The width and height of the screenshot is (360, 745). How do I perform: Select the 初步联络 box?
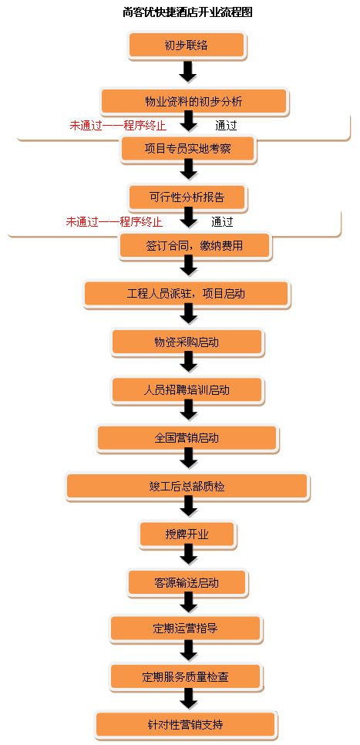click(x=187, y=46)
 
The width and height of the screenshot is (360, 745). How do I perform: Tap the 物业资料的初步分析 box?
click(x=193, y=101)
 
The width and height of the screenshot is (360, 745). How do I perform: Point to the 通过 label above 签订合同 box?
click(x=222, y=221)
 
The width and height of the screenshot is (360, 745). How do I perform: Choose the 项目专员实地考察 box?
click(x=188, y=149)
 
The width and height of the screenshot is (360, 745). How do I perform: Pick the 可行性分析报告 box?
click(x=187, y=197)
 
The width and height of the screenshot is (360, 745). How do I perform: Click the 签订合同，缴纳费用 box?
click(x=195, y=246)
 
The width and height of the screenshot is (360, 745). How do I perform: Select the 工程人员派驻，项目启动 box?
click(x=187, y=294)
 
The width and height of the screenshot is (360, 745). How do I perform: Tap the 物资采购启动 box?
click(x=187, y=342)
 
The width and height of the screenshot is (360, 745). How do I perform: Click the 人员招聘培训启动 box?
click(x=187, y=390)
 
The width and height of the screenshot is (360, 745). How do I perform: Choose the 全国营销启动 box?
click(x=187, y=439)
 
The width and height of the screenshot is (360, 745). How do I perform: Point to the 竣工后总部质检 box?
click(x=187, y=487)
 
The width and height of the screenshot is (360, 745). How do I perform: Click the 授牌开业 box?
click(x=187, y=534)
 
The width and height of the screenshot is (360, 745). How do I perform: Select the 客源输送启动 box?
click(x=187, y=582)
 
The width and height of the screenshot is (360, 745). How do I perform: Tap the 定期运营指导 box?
click(x=186, y=629)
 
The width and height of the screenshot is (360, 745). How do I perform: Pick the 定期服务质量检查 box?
click(x=186, y=677)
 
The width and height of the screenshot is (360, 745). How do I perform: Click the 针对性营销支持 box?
click(x=186, y=725)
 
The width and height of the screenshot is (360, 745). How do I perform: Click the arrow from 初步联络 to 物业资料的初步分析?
click(x=188, y=71)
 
